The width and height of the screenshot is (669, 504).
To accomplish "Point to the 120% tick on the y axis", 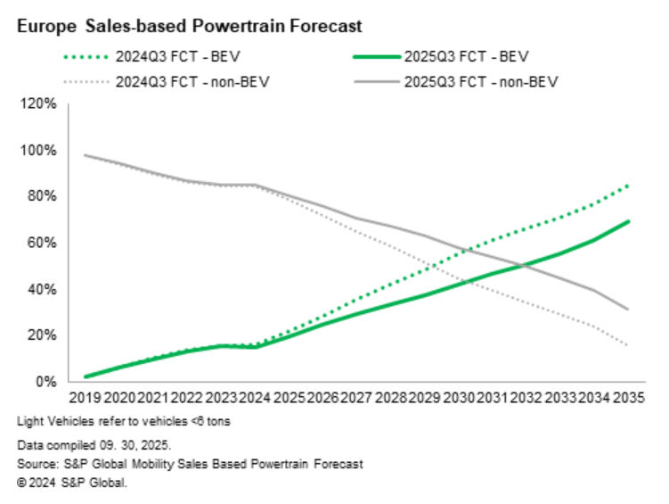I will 37,103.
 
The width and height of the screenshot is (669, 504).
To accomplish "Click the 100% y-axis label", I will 37,150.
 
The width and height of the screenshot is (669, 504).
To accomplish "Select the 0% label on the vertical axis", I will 44,382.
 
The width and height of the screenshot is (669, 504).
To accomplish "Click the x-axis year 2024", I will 255,399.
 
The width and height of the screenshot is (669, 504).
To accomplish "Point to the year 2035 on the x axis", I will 628,399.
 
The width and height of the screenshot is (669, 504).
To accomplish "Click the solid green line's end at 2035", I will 630,221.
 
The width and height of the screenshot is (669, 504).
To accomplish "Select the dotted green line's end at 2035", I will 630,185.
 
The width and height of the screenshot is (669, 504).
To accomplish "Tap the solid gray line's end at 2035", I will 630,310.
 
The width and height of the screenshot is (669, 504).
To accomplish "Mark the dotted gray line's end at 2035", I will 630,345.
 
